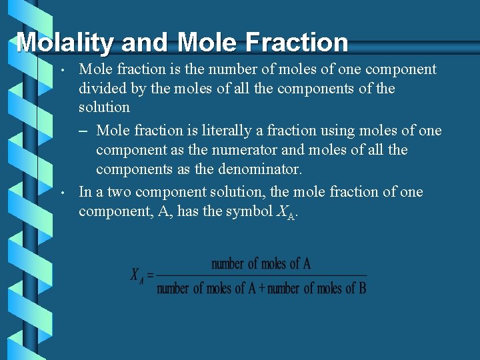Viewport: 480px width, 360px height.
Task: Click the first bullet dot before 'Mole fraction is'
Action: click(61, 69)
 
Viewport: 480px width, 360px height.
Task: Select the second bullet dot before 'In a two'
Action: click(61, 193)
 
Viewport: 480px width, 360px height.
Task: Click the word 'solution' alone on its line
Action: click(104, 107)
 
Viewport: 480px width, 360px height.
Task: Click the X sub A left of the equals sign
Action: click(137, 276)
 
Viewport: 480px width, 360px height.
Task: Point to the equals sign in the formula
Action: click(150, 275)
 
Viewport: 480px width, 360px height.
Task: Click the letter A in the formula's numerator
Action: click(306, 263)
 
